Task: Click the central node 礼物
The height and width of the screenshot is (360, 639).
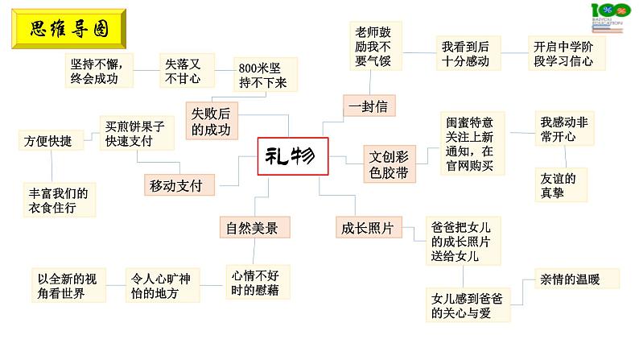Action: pos(294,157)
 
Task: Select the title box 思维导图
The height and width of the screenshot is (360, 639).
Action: pos(66,31)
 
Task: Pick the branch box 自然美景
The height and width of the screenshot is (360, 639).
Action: pos(254,228)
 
